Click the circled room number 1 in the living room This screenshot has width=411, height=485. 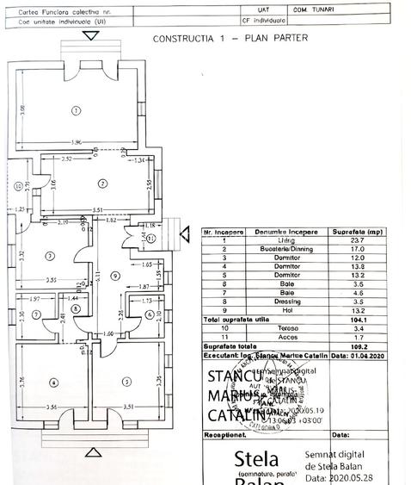77,110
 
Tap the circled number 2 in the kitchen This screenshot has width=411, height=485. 101,183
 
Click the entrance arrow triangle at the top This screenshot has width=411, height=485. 91,35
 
